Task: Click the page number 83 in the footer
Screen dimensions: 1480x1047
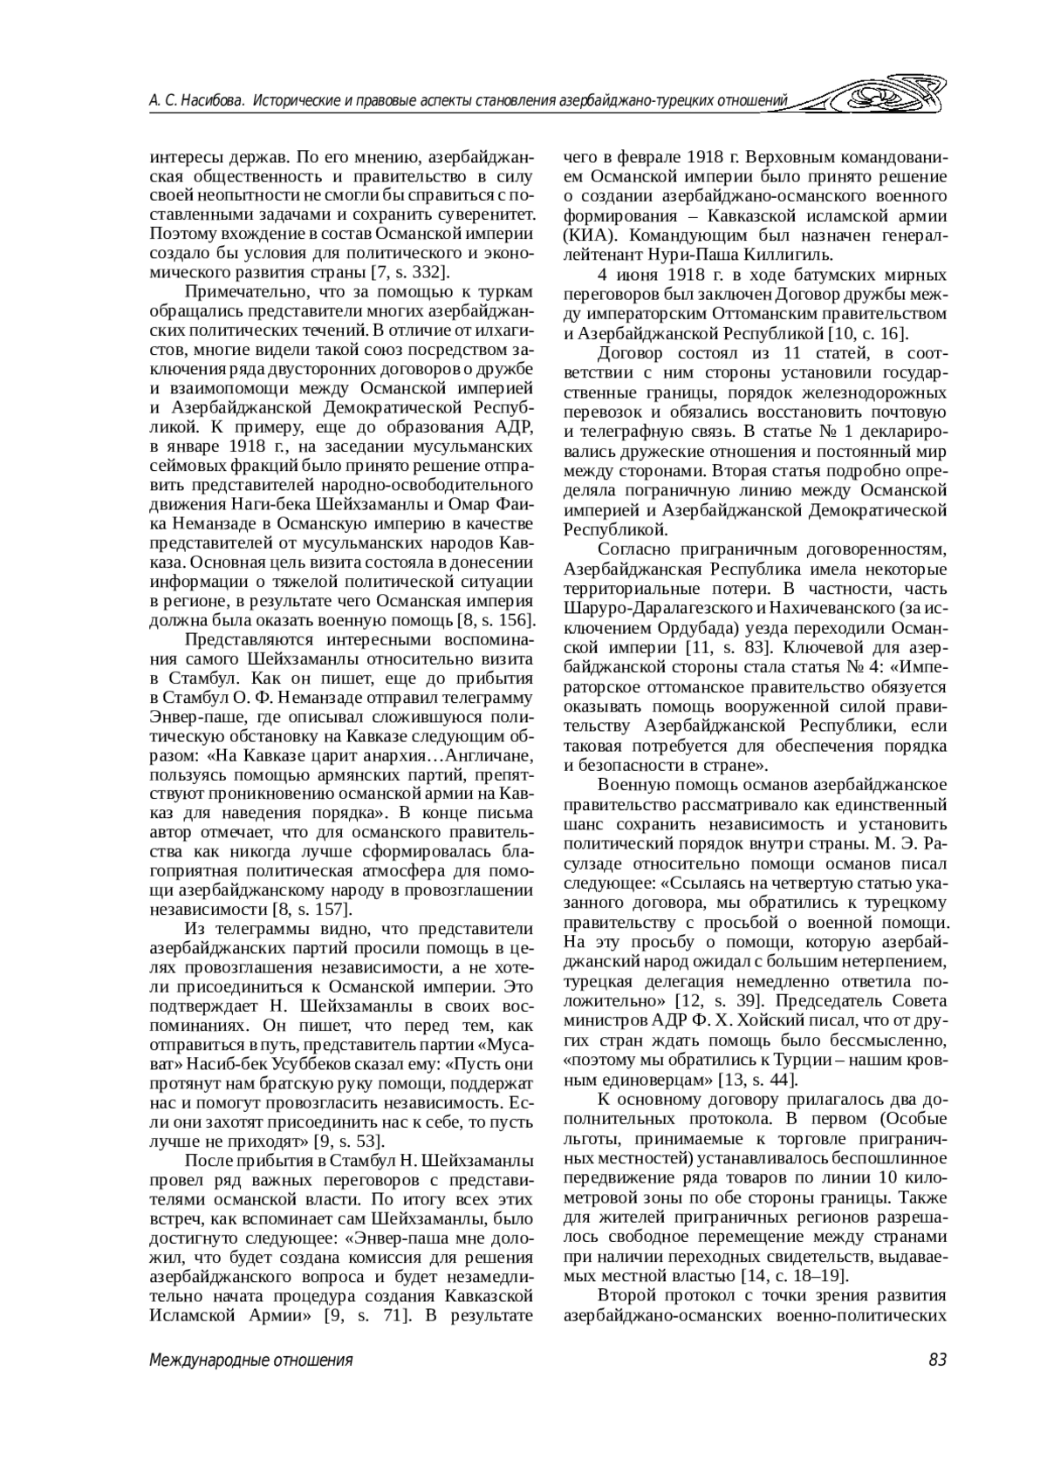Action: point(937,1361)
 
